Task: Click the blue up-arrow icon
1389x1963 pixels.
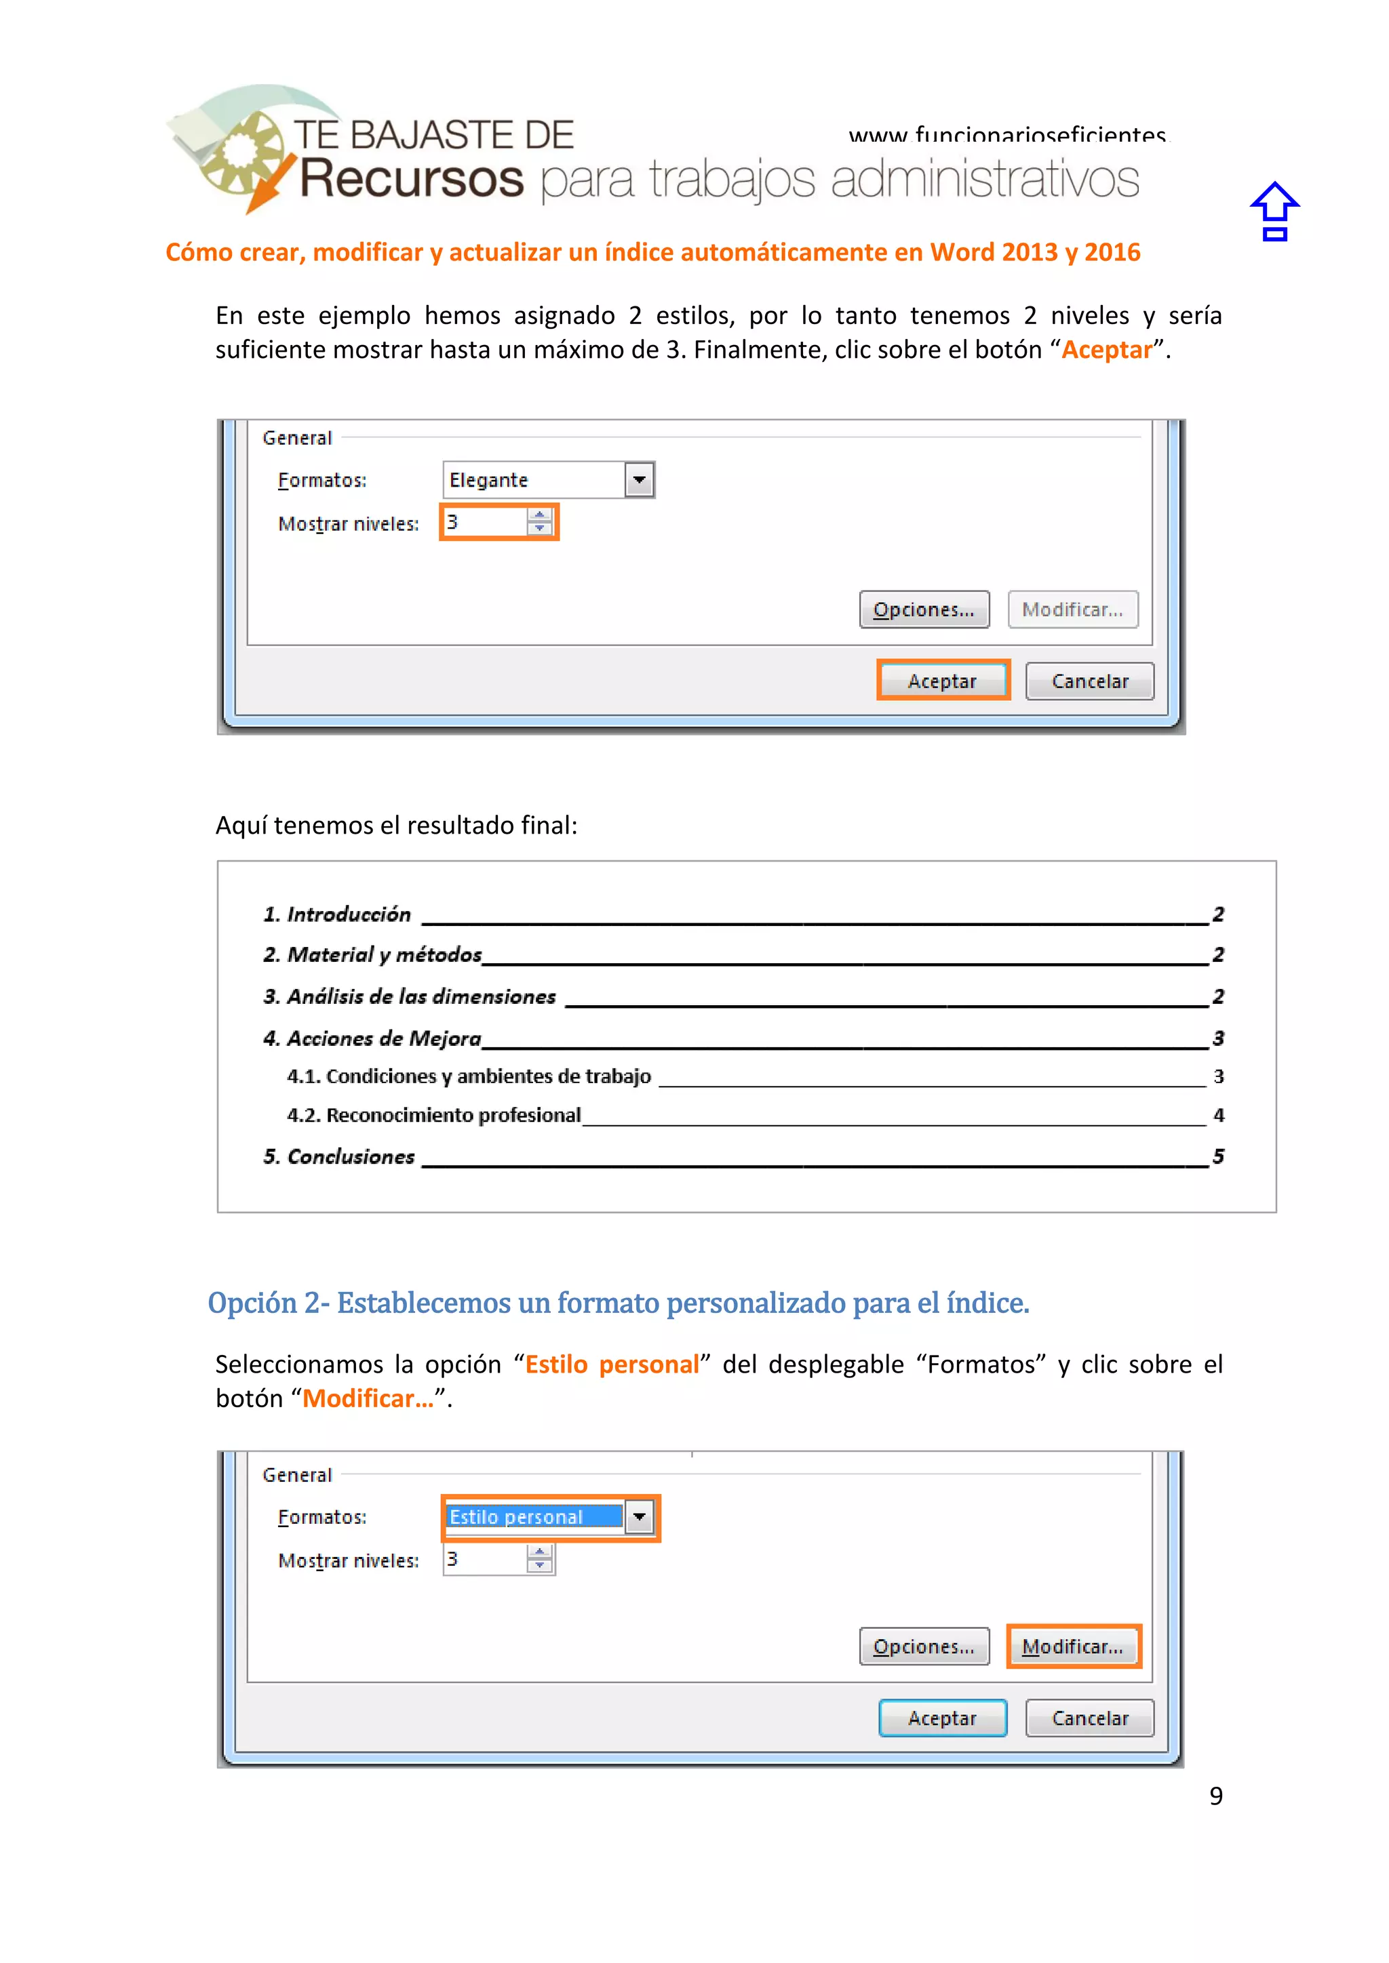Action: tap(1274, 211)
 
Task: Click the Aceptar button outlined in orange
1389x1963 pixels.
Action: tap(943, 681)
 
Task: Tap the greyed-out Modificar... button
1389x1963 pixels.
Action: tap(1072, 609)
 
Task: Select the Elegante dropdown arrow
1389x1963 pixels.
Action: tap(639, 480)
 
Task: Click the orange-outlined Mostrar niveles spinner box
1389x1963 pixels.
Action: tap(498, 523)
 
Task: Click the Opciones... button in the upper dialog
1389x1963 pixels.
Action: tap(924, 609)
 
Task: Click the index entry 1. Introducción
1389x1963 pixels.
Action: tap(337, 915)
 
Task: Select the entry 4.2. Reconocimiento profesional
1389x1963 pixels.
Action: tap(433, 1115)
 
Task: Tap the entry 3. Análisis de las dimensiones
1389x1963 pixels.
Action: tap(410, 997)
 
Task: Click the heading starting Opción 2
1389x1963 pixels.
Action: tap(618, 1303)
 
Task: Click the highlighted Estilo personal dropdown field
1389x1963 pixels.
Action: tap(534, 1517)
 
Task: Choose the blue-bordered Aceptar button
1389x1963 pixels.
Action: tap(943, 1718)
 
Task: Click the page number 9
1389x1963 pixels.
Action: tap(1215, 1796)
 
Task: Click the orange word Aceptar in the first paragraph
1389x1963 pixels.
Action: tap(1107, 350)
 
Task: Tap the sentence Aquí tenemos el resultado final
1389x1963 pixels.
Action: tap(396, 825)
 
